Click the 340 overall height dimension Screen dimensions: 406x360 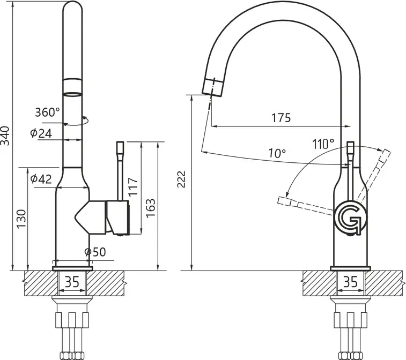point(5,136)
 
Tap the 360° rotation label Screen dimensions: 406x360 point(47,112)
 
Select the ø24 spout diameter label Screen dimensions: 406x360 point(41,133)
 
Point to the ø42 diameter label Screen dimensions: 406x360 point(41,179)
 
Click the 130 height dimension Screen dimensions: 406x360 point(21,219)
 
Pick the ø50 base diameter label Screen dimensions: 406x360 point(95,252)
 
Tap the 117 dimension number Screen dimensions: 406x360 point(134,187)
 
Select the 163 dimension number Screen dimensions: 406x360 point(150,208)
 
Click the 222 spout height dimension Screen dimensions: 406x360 point(181,179)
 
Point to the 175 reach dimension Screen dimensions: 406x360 point(281,118)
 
